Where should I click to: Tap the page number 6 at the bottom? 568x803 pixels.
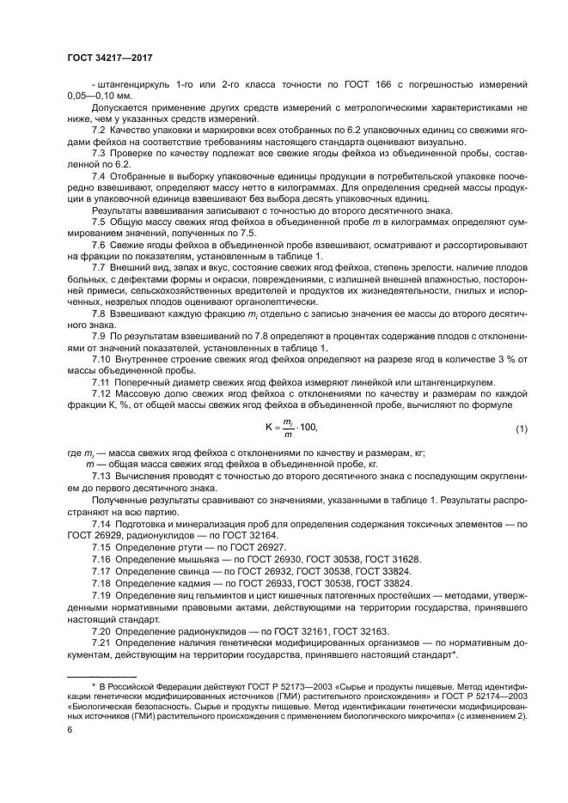(70, 729)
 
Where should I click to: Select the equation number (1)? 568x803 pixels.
(521, 429)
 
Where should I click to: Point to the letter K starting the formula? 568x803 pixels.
(267, 428)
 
